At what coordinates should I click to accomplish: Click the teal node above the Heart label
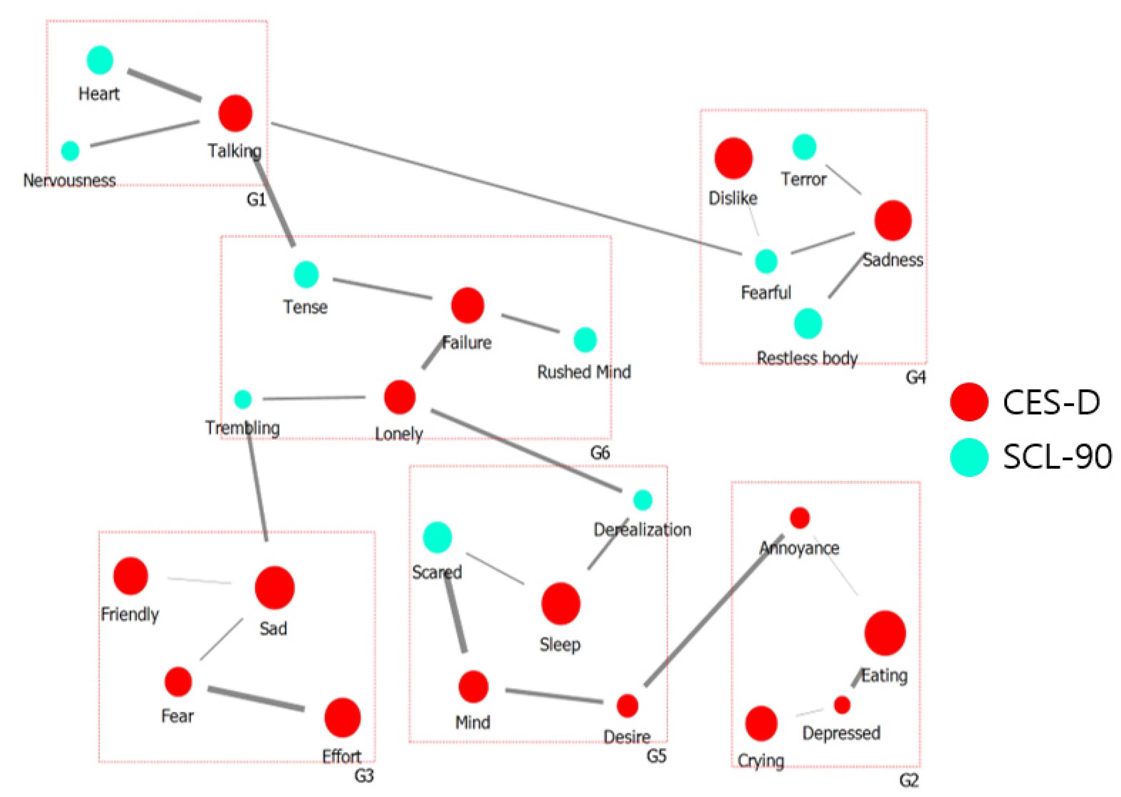pyautogui.click(x=100, y=60)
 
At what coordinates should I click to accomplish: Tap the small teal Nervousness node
pyautogui.click(x=70, y=151)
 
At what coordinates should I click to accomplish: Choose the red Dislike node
pyautogui.click(x=733, y=158)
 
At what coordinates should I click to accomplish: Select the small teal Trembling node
pyautogui.click(x=243, y=399)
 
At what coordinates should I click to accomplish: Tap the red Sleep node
pyautogui.click(x=560, y=604)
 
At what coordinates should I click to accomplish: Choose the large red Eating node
pyautogui.click(x=885, y=633)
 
